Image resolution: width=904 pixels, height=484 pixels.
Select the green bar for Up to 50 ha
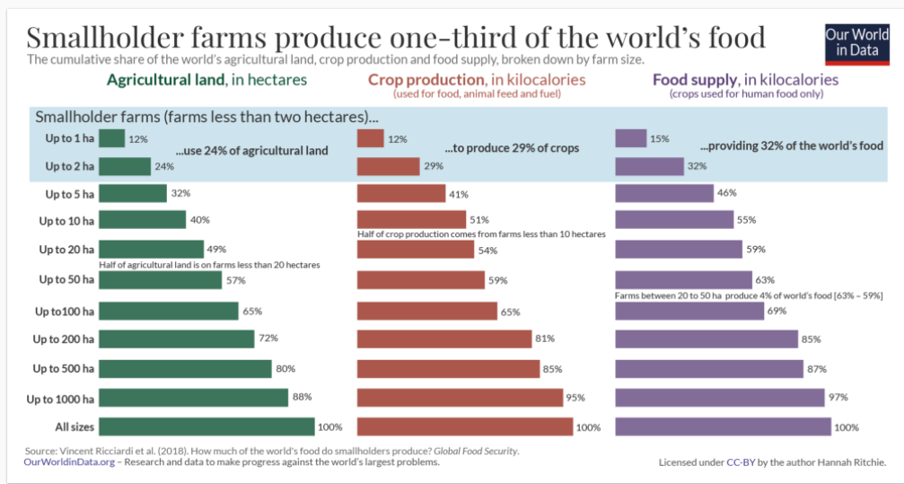(160, 280)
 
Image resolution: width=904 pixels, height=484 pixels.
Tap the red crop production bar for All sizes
(465, 427)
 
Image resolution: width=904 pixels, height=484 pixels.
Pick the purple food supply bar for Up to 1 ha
(630, 138)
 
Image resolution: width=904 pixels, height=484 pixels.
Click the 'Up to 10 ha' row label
(67, 220)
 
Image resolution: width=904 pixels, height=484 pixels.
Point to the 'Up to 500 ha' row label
(64, 368)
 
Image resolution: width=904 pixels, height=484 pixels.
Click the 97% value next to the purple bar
(838, 397)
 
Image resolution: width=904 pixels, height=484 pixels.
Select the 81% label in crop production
(545, 339)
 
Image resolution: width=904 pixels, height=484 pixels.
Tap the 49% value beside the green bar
(216, 249)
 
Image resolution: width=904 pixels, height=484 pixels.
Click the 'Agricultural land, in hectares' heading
(206, 80)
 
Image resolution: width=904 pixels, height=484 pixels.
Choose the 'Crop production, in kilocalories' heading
(477, 80)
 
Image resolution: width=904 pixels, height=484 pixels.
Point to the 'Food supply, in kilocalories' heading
(746, 80)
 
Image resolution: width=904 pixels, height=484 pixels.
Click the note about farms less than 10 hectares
(481, 234)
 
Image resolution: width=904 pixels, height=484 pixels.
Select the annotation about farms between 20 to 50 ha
(749, 295)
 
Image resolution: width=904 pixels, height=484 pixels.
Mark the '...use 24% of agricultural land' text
(251, 151)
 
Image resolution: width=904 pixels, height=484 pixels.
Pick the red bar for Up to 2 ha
(388, 166)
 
